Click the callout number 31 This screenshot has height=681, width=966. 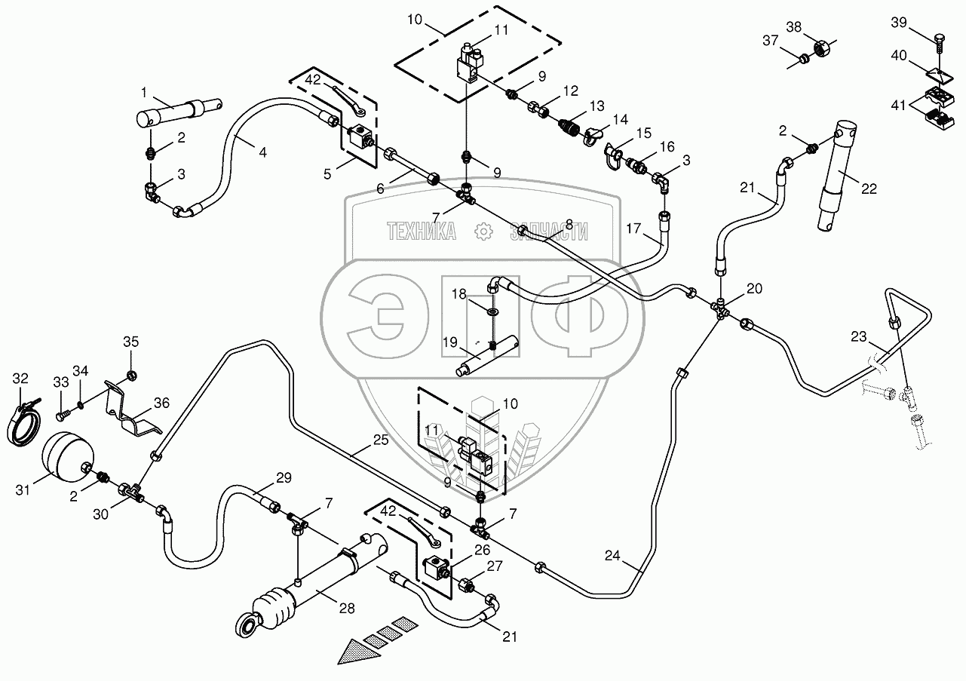click(x=23, y=490)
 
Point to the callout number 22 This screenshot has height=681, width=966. click(x=869, y=189)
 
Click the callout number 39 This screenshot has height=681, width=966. click(x=899, y=22)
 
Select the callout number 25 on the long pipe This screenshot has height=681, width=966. click(x=381, y=440)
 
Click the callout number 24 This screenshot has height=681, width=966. click(x=612, y=556)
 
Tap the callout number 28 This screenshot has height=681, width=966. click(x=347, y=608)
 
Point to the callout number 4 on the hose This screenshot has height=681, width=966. click(x=262, y=152)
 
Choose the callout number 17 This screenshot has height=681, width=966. click(x=633, y=229)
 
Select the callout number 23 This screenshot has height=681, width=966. click(x=859, y=336)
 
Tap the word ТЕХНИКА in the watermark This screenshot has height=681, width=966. click(x=422, y=232)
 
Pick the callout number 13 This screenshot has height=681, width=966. click(x=597, y=106)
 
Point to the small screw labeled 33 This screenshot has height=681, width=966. click(x=61, y=416)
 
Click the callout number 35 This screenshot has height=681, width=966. click(x=131, y=342)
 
